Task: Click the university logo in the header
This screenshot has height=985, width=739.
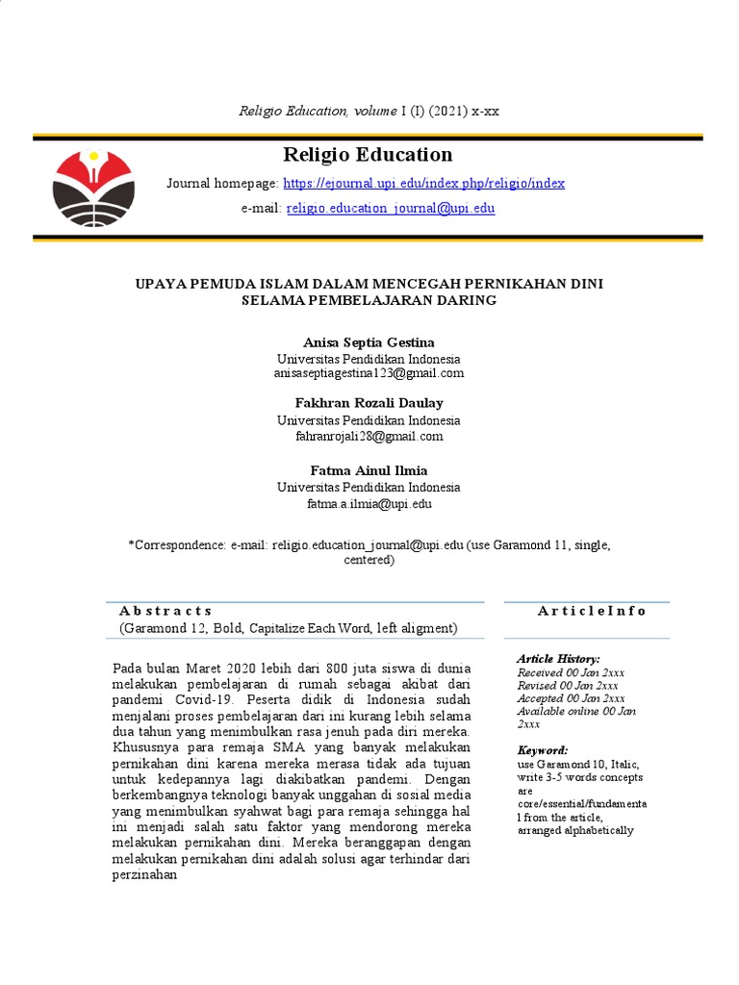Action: (93, 188)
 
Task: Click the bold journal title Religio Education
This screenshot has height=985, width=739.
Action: (368, 155)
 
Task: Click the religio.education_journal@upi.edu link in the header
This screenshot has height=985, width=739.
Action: (391, 208)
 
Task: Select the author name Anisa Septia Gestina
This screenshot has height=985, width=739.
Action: (369, 342)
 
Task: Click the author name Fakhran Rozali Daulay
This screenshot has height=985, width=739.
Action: (369, 403)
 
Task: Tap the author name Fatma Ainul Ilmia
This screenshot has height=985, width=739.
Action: (369, 471)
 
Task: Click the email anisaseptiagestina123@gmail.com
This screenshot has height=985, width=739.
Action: (369, 373)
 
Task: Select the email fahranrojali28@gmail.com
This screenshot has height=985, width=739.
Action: (369, 436)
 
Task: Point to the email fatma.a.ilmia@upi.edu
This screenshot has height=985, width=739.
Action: (369, 503)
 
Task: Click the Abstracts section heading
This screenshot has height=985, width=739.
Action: (166, 611)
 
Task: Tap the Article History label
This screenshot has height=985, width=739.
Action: (558, 658)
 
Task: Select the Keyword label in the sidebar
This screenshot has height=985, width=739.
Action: (543, 750)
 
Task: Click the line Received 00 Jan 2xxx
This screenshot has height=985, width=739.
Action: (571, 672)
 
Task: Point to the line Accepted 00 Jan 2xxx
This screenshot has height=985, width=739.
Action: (571, 698)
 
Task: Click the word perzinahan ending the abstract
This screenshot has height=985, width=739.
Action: (145, 876)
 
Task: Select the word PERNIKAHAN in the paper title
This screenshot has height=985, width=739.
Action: (498, 283)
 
